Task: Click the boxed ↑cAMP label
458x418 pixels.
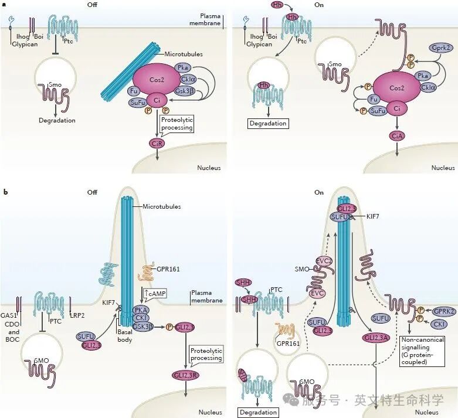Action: pyautogui.click(x=155, y=293)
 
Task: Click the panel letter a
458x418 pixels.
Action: pyautogui.click(x=4, y=4)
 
